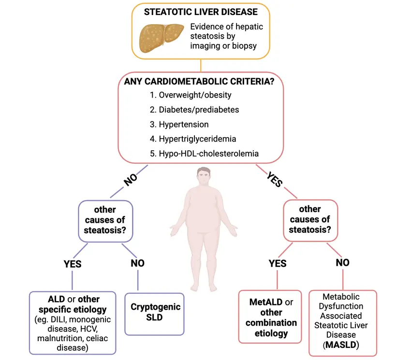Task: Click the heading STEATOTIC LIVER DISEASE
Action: (200, 12)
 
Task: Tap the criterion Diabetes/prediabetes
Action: (194, 110)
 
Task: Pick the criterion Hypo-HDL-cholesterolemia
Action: (204, 154)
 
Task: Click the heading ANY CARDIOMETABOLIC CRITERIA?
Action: (199, 82)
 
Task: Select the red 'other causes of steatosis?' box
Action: (309, 219)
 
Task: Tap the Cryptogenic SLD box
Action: (155, 312)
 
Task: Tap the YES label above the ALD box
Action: (73, 264)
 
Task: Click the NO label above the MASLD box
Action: (343, 263)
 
